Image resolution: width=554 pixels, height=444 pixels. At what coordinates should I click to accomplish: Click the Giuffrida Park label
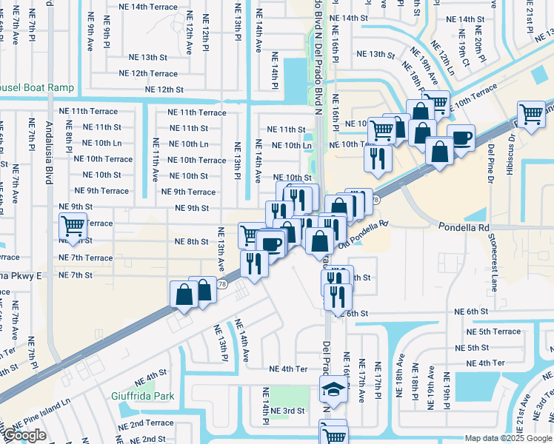click(150, 396)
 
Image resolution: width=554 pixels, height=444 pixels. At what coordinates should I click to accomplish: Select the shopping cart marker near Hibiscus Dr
click(531, 115)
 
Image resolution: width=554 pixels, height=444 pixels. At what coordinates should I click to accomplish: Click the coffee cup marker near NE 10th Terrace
click(461, 137)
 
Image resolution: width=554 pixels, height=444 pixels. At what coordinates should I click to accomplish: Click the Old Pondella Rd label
click(363, 233)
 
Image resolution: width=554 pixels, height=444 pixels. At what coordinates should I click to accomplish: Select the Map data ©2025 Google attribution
click(507, 438)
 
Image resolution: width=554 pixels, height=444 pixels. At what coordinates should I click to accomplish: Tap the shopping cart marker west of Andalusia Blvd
click(73, 226)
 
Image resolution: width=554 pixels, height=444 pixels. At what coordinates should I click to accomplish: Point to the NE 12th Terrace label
click(154, 74)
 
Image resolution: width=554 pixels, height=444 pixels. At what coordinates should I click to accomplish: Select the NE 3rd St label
click(287, 411)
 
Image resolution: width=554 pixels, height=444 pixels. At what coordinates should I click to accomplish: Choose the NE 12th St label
click(164, 90)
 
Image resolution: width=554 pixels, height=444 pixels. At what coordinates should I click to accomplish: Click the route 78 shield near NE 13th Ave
click(221, 284)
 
